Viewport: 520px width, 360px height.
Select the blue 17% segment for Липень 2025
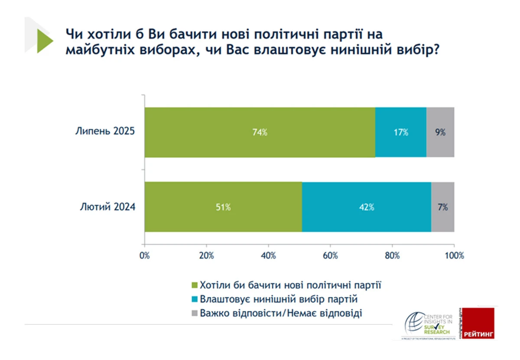(400, 132)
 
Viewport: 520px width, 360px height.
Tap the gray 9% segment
(440, 132)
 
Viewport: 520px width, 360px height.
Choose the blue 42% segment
(366, 207)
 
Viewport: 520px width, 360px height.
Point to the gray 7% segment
(442, 207)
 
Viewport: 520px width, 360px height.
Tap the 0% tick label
(145, 255)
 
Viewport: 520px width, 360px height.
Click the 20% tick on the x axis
(207, 255)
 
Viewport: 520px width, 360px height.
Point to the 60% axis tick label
(330, 255)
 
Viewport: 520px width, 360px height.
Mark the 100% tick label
(454, 255)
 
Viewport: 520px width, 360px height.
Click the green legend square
(194, 285)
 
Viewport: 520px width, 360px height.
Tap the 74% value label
(260, 132)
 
